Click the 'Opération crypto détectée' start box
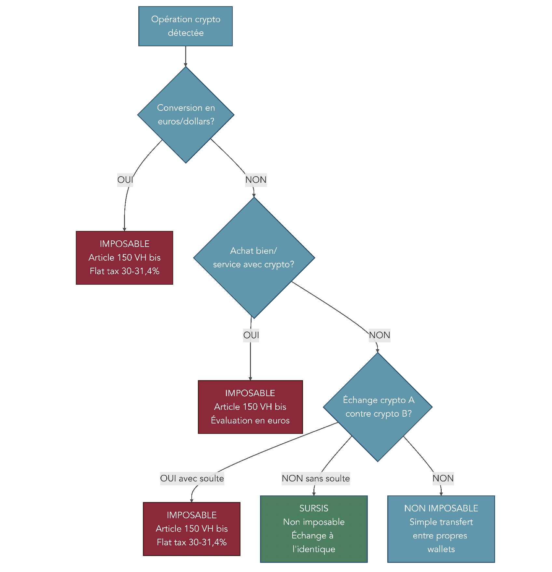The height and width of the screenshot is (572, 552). (x=185, y=26)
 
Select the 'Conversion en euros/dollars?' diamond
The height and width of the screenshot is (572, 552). (x=186, y=114)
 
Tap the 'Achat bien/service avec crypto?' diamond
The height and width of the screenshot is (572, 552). (x=254, y=257)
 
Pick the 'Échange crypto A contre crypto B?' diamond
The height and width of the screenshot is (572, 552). (x=378, y=407)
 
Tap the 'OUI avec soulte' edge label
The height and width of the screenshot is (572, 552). (x=192, y=479)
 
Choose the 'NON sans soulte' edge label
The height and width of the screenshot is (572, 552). (x=315, y=479)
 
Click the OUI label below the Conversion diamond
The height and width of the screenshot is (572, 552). (x=125, y=180)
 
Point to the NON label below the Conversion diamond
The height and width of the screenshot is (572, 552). (x=256, y=180)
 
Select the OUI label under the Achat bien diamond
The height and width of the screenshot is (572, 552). (x=251, y=335)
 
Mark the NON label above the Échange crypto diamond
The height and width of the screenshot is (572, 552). (x=379, y=335)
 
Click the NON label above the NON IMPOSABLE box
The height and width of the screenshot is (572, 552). (x=443, y=479)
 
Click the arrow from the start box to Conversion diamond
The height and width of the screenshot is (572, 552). (x=186, y=56)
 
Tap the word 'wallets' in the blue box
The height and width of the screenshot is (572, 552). (x=441, y=549)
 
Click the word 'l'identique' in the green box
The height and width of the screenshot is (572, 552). (x=314, y=549)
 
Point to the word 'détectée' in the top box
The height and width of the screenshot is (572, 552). (x=186, y=33)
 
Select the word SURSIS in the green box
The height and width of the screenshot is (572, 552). (x=314, y=508)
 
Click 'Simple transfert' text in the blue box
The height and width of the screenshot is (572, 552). (x=441, y=522)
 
